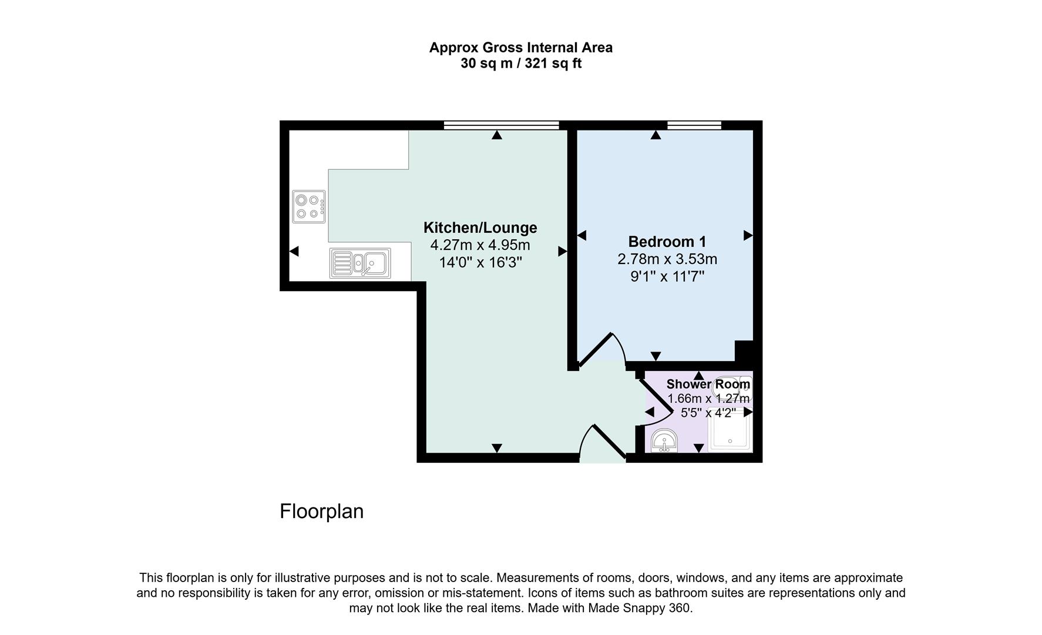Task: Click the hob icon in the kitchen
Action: (309, 206)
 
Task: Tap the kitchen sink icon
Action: (360, 263)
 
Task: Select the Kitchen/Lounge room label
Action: (480, 228)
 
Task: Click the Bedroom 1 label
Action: (667, 242)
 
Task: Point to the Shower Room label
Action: (708, 385)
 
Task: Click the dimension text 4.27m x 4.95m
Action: (480, 245)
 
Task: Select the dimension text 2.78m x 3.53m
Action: (667, 259)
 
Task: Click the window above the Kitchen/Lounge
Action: (501, 125)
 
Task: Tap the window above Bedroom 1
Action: (694, 125)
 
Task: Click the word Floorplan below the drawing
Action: (321, 512)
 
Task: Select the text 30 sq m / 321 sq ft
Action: (520, 63)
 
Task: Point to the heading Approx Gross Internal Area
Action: (520, 48)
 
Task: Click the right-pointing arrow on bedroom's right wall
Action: (748, 235)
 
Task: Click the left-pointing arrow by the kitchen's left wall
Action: (294, 251)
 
